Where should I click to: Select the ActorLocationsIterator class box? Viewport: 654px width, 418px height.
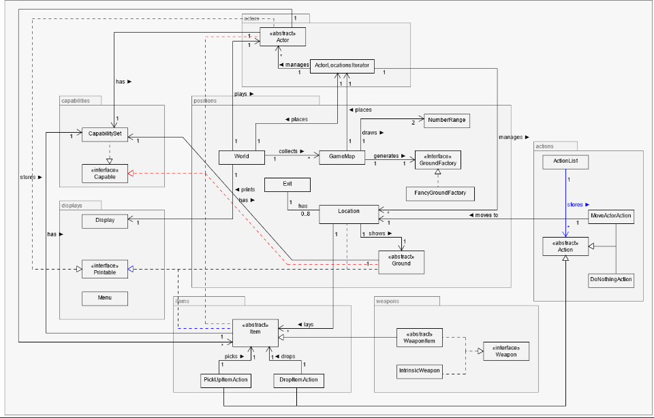point(341,65)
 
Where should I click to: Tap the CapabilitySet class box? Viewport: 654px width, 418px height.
point(104,133)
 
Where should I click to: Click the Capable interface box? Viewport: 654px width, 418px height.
point(104,173)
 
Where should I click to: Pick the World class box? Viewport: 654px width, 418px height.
point(241,156)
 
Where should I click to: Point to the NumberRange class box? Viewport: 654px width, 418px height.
point(447,120)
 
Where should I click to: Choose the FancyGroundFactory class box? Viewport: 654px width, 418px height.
point(439,193)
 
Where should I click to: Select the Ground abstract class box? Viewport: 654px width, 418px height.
point(401,261)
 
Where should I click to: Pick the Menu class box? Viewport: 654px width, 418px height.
point(104,298)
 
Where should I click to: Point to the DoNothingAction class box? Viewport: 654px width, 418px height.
point(611,279)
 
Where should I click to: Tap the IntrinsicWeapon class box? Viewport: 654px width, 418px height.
point(420,371)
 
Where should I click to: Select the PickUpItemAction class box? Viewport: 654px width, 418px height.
point(225,379)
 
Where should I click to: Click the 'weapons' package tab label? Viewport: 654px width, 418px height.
point(388,300)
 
